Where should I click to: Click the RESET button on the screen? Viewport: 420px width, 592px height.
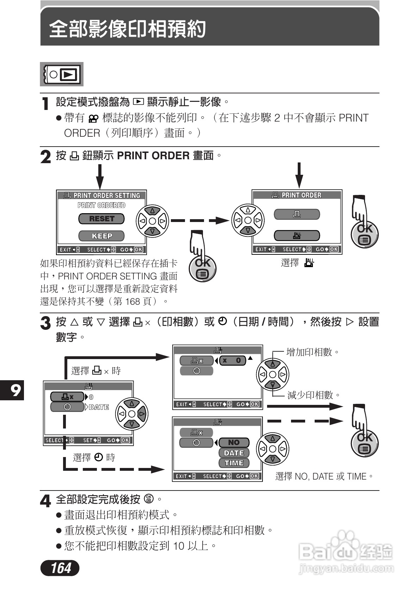tap(101, 219)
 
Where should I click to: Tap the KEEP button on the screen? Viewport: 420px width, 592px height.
tap(101, 236)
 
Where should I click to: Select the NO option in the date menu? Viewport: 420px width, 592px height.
tap(234, 443)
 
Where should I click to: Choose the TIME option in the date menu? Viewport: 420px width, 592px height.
tap(234, 463)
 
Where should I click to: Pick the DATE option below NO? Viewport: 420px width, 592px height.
tap(234, 453)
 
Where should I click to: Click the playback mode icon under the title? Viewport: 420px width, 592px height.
tap(62, 74)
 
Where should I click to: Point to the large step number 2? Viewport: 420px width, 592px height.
tap(45, 157)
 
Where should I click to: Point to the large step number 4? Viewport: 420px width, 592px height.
tap(45, 501)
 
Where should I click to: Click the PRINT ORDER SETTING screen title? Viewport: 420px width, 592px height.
tap(102, 195)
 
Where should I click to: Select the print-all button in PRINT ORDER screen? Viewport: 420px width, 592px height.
tap(297, 235)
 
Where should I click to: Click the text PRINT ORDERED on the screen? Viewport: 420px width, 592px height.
tap(101, 205)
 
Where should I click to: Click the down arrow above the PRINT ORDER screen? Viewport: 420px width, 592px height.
tap(299, 175)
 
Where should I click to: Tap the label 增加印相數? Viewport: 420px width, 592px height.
tap(309, 352)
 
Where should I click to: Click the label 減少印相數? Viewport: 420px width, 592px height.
tap(310, 395)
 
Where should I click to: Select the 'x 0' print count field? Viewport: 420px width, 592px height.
tap(232, 360)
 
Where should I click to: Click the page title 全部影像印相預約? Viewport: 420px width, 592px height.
tap(128, 29)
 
